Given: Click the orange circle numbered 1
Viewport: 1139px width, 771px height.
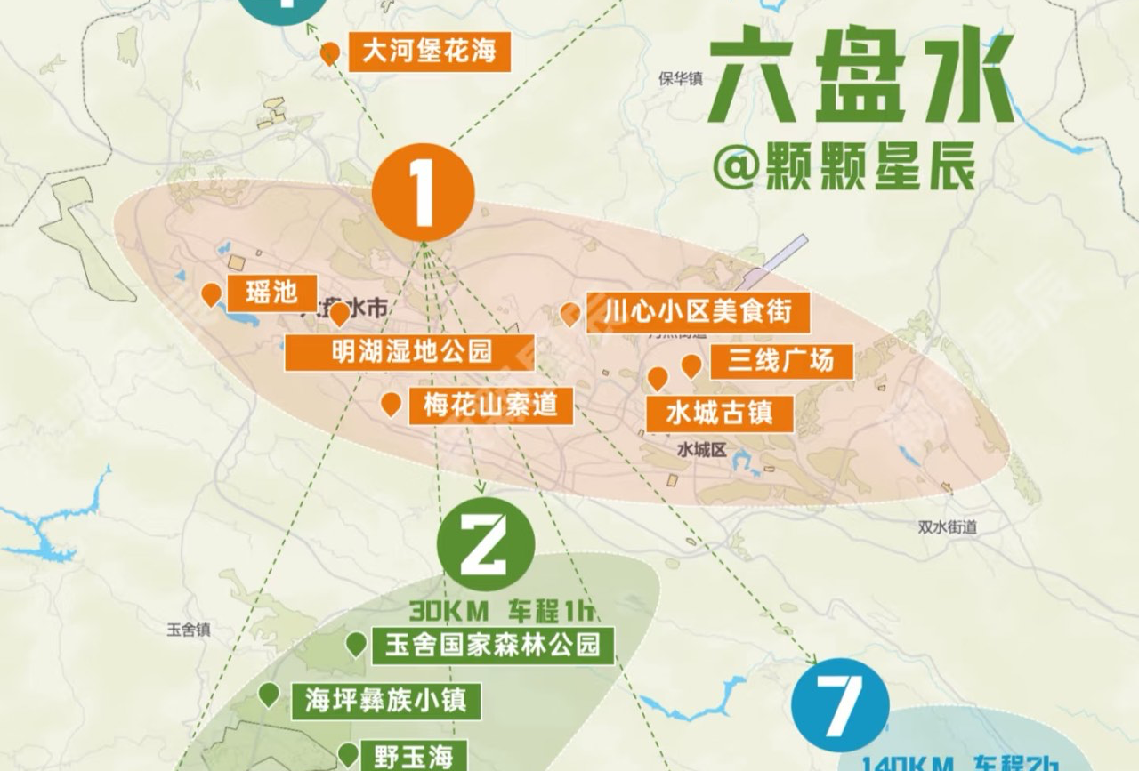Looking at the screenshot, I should (x=423, y=192).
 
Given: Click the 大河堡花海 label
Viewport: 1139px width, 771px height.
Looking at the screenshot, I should (x=429, y=52).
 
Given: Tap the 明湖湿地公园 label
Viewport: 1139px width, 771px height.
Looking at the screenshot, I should (x=410, y=352).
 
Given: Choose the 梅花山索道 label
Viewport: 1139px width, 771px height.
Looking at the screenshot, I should (x=489, y=406).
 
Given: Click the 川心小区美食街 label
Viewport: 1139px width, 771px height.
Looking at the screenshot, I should (x=698, y=313).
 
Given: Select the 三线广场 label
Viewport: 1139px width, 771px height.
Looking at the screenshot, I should (x=780, y=361).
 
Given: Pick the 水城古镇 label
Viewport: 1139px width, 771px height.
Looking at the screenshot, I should (x=719, y=414).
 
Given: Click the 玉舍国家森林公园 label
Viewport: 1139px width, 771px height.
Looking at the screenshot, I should (x=492, y=645).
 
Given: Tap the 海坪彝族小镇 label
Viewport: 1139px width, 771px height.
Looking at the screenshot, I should (x=385, y=701).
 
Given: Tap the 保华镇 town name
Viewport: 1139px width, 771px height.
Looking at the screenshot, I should (x=681, y=78).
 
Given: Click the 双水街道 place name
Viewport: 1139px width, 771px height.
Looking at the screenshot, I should (x=948, y=527).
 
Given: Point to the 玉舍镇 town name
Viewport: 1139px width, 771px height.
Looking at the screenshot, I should (x=189, y=630).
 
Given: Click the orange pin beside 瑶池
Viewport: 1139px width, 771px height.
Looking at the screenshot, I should (x=211, y=294).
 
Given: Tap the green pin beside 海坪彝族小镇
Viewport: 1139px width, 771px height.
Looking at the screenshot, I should (x=269, y=695).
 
